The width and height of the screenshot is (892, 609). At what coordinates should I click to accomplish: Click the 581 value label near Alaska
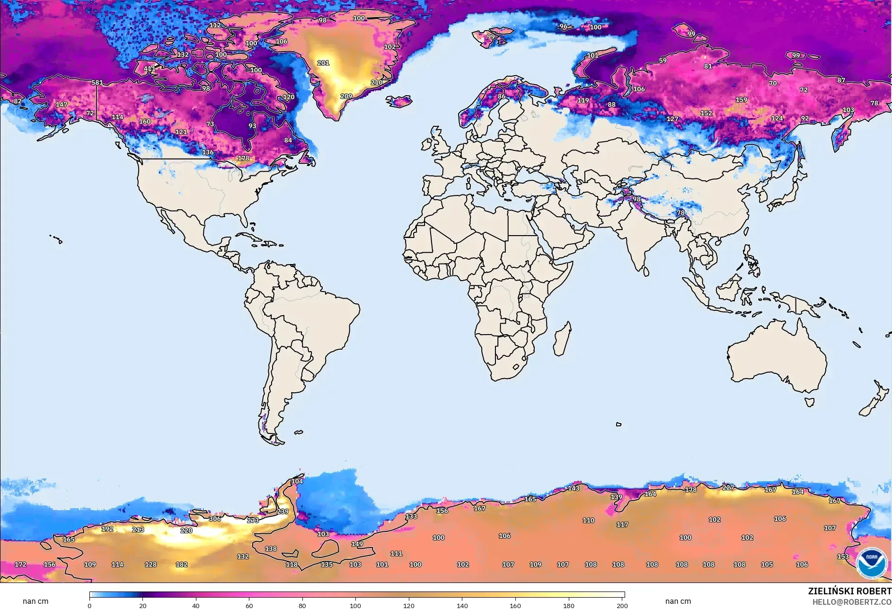coord(97,82)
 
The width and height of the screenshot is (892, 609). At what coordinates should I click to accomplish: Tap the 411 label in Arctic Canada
coord(149,69)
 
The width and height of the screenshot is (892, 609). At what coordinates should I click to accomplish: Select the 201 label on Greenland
coord(323,62)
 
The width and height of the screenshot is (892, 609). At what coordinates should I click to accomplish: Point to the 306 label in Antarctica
coord(215,519)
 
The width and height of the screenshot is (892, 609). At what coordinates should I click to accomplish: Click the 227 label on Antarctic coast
coord(728,487)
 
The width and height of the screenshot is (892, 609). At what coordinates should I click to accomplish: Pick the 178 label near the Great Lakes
coord(243,158)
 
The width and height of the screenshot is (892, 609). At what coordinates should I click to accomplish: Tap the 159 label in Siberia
coord(741,100)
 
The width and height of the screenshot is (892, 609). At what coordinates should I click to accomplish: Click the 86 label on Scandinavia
coord(502,96)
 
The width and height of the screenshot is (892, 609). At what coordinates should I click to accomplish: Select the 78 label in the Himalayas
coord(680,212)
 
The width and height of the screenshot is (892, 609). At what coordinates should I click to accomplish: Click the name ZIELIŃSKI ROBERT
coord(849,591)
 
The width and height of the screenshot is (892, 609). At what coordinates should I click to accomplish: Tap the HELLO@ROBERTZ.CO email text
coord(852,602)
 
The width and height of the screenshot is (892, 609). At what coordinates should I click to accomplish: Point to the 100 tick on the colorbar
coord(355,605)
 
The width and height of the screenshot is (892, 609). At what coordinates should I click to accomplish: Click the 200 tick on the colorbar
coord(622,605)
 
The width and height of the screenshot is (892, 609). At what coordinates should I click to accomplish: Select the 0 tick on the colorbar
coord(89,605)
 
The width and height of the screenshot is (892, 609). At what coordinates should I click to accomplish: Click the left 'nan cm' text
coord(35,601)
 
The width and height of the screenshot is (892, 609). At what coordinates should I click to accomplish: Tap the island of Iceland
coord(398,101)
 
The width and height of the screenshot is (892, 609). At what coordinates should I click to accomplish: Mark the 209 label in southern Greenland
coord(346,96)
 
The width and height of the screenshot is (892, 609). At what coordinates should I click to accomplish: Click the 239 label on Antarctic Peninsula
coord(283,512)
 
